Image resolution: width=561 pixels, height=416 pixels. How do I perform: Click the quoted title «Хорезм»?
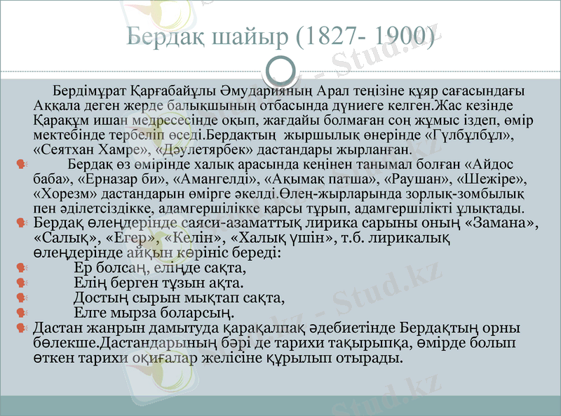click(65, 194)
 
